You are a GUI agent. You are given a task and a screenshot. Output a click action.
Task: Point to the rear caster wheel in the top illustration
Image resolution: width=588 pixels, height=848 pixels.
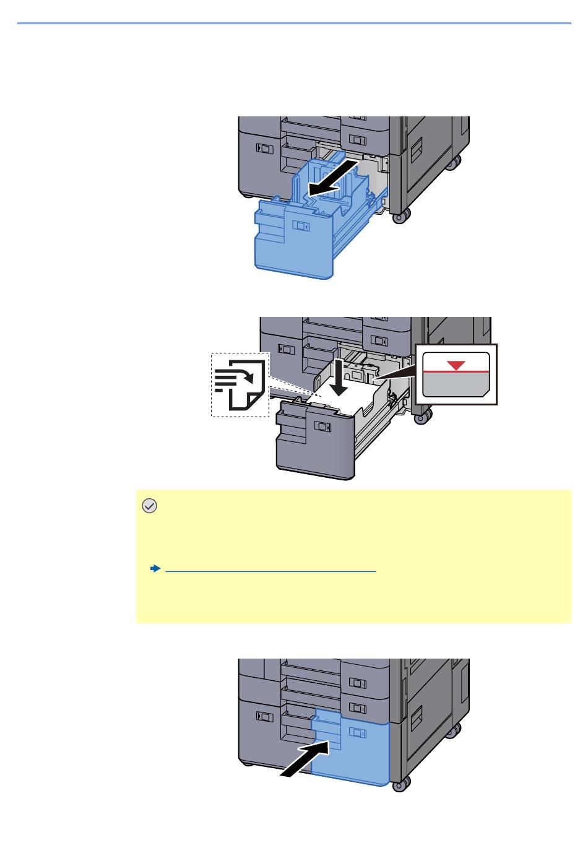tap(455, 162)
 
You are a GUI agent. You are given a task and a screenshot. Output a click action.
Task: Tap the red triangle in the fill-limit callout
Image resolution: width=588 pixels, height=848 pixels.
tap(456, 365)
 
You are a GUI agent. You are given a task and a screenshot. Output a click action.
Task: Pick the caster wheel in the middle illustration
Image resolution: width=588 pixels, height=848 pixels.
tap(423, 417)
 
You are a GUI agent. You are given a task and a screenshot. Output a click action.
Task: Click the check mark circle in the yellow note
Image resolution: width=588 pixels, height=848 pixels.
tap(149, 506)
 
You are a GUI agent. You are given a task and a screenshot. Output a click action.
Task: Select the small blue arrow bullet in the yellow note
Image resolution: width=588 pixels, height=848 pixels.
tap(155, 568)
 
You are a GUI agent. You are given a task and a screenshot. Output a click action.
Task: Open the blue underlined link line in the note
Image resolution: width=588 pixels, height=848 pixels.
tap(271, 571)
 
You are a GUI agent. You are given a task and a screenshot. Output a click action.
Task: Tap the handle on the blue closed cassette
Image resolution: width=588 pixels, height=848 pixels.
tap(358, 732)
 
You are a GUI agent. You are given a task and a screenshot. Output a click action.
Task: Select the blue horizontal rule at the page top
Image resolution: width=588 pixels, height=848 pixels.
tap(294, 24)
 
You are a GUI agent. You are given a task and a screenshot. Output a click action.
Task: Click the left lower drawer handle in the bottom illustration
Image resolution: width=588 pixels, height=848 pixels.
tap(264, 716)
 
